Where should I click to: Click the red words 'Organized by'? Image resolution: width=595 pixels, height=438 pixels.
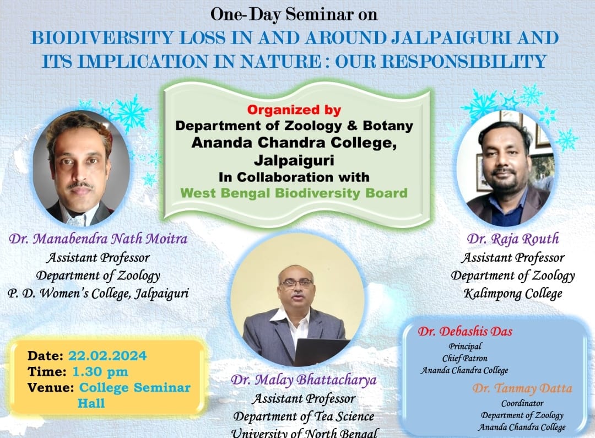pyautogui.click(x=294, y=110)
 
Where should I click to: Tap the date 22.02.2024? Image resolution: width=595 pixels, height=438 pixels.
pyautogui.click(x=107, y=356)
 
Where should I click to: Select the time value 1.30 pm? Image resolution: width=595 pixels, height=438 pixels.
pyautogui.click(x=100, y=371)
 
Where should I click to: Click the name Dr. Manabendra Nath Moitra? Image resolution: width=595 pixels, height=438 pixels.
pyautogui.click(x=98, y=239)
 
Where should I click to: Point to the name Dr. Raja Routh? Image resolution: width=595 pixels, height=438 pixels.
pyautogui.click(x=513, y=239)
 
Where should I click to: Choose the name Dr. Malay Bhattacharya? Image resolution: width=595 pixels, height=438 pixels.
pyautogui.click(x=304, y=380)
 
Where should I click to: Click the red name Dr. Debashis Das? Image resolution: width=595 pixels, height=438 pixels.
pyautogui.click(x=465, y=331)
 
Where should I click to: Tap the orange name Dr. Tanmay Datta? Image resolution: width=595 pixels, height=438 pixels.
pyautogui.click(x=522, y=388)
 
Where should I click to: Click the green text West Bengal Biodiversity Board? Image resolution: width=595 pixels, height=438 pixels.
pyautogui.click(x=294, y=193)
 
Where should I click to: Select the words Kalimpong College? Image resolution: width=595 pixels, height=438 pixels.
pyautogui.click(x=513, y=294)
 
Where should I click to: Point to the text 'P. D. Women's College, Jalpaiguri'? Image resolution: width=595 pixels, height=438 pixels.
pyautogui.click(x=98, y=294)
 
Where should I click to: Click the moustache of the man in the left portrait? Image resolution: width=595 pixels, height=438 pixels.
pyautogui.click(x=80, y=186)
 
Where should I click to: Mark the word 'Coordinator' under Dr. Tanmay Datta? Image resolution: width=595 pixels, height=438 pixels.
pyautogui.click(x=522, y=403)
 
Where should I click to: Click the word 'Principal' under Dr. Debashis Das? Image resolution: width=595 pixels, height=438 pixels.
pyautogui.click(x=465, y=346)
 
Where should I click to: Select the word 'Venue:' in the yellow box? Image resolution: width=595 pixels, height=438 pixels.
pyautogui.click(x=51, y=387)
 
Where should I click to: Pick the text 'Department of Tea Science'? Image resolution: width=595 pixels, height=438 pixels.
pyautogui.click(x=304, y=417)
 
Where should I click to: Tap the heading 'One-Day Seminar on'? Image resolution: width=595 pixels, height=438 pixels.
pyautogui.click(x=294, y=14)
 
